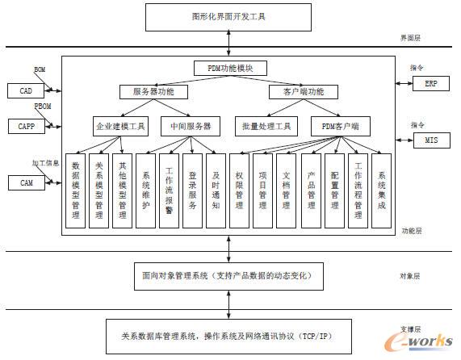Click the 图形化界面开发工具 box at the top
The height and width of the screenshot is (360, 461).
tap(228, 15)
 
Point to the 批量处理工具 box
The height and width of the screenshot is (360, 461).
tap(266, 127)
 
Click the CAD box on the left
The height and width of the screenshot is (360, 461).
tap(26, 91)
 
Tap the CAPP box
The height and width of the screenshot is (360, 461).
tap(26, 126)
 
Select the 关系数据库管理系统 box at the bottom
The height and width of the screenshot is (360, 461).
tap(228, 334)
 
